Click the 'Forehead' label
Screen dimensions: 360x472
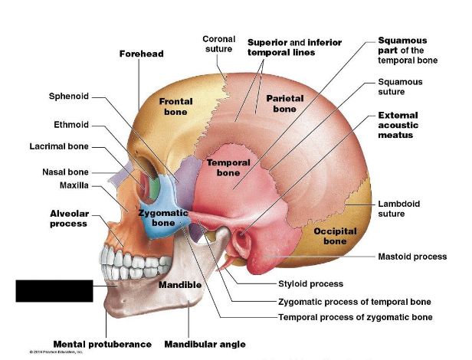pyautogui.click(x=141, y=54)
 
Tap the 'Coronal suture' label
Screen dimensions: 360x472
pyautogui.click(x=218, y=44)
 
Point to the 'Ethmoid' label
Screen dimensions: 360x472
pyautogui.click(x=71, y=124)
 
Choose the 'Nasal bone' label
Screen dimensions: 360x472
pyautogui.click(x=65, y=172)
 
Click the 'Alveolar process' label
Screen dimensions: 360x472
pyautogui.click(x=68, y=218)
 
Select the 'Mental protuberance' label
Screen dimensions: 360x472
pyautogui.click(x=102, y=344)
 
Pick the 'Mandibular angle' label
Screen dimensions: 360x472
pyautogui.click(x=205, y=344)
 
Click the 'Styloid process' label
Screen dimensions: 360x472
pyautogui.click(x=310, y=283)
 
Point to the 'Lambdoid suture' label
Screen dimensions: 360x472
pyautogui.click(x=398, y=208)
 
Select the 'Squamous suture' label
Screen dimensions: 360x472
pyautogui.click(x=400, y=87)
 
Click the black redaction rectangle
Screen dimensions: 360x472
pyautogui.click(x=54, y=291)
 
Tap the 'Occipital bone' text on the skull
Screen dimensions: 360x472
pyautogui.click(x=334, y=236)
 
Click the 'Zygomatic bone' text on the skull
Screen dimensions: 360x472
pyautogui.click(x=163, y=218)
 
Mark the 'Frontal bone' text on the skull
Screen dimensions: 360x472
pyautogui.click(x=175, y=106)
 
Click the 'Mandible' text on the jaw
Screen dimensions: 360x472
pyautogui.click(x=179, y=285)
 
